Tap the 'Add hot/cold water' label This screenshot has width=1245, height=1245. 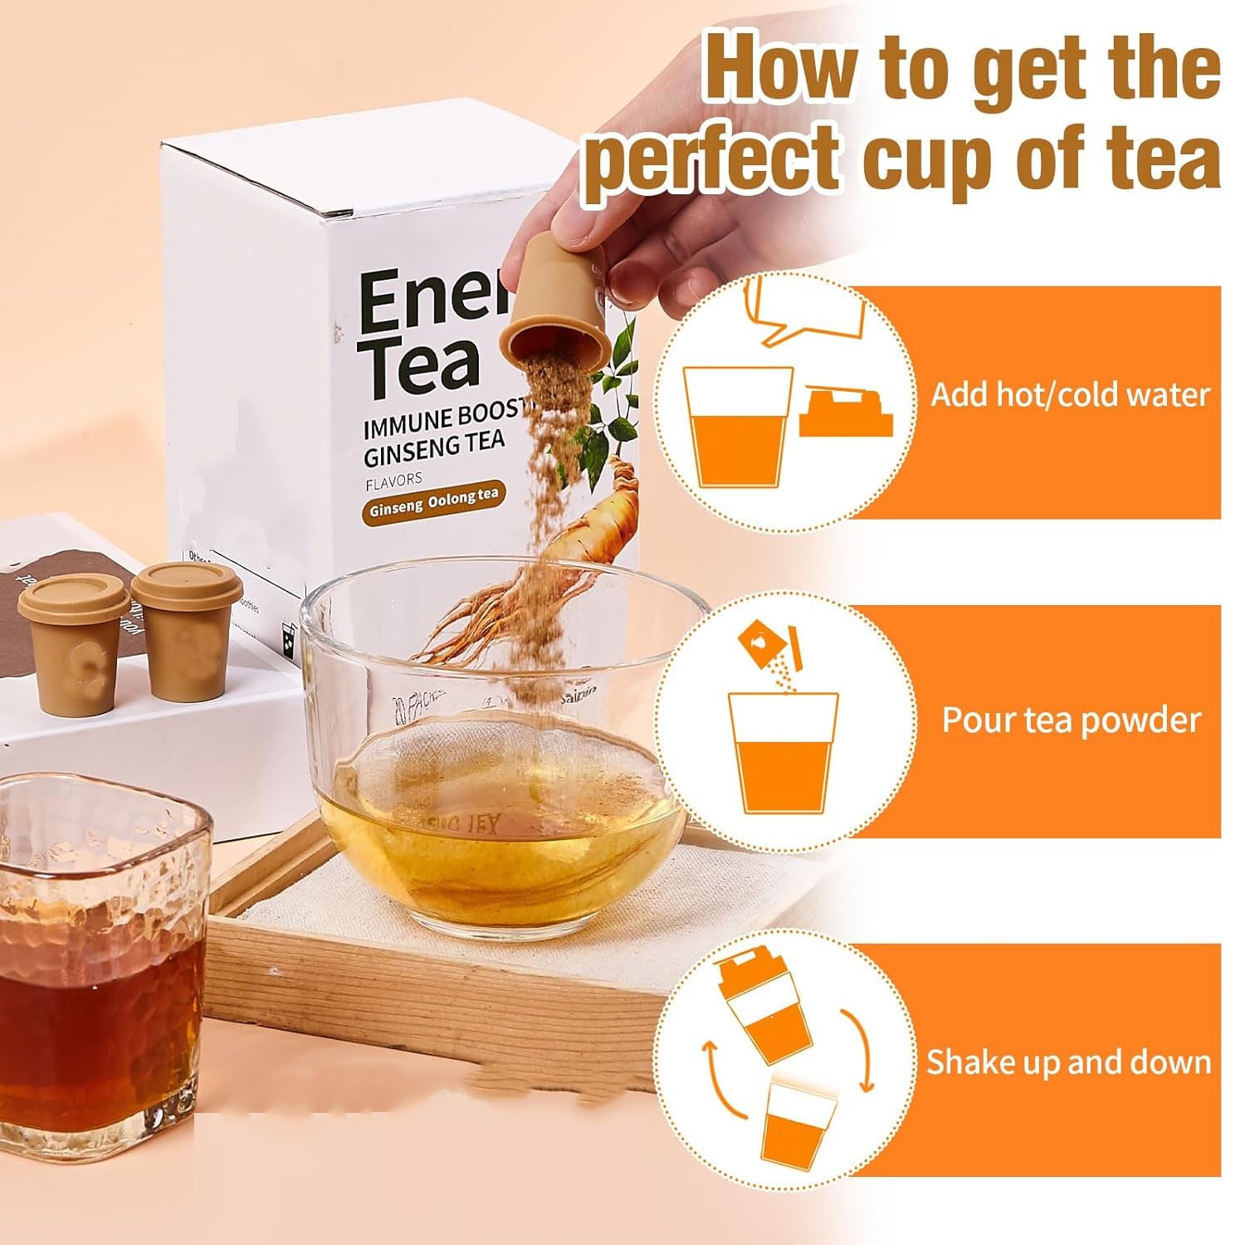coord(1069,394)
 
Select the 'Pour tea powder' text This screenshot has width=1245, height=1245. coord(1071,720)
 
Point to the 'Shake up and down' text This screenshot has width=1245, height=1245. coord(1068,1062)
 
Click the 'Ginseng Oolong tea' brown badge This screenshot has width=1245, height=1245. coord(433,501)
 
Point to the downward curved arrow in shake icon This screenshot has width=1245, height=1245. coord(859,1050)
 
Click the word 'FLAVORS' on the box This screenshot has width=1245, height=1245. coord(393,479)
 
